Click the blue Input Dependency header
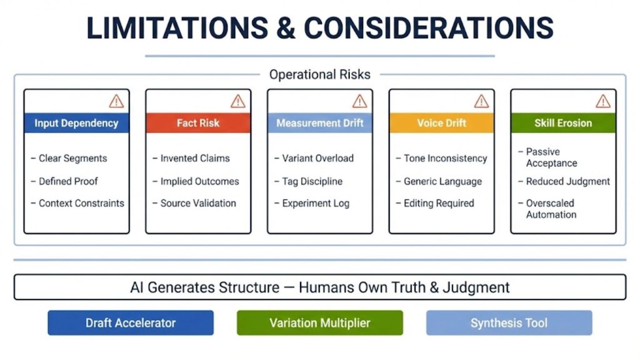coord(76,123)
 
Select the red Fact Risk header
coord(198,123)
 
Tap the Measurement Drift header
coord(320,123)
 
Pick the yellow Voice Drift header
coord(441,123)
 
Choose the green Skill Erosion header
coord(562,123)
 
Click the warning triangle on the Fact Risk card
coord(238,101)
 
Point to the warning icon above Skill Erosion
coord(603,101)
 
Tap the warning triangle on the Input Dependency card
coord(116,101)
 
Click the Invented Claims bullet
coord(194,159)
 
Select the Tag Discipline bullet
coord(312,181)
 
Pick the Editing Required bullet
coord(438,203)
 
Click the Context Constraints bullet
coord(81,203)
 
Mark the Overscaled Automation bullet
coord(550,209)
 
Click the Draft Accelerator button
coord(131,323)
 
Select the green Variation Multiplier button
coord(320,323)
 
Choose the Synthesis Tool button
coord(509,323)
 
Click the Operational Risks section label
coord(319,75)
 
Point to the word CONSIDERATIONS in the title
coord(429,28)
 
